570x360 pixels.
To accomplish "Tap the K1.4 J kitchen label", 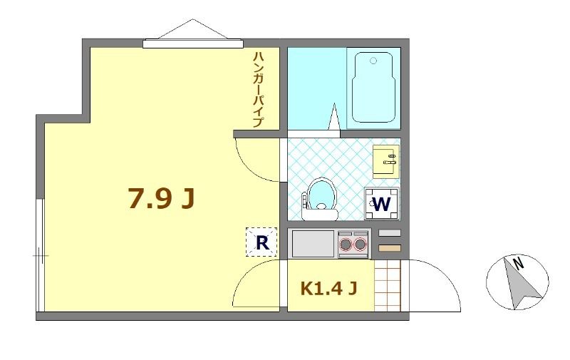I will pos(328,289).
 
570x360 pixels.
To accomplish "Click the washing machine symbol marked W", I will pos(381,204).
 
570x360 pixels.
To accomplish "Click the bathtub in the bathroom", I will pos(373,88).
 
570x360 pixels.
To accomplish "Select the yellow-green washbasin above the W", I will pos(386,161).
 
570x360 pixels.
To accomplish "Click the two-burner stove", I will pos(353,245).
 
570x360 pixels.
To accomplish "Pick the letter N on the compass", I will pos(519,262).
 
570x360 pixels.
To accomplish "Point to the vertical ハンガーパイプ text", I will pos(258,89).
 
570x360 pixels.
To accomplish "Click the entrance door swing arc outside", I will pos(435,285).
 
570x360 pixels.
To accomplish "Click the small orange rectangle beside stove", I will pos(389,248).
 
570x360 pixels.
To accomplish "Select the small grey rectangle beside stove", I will pos(389,233).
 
